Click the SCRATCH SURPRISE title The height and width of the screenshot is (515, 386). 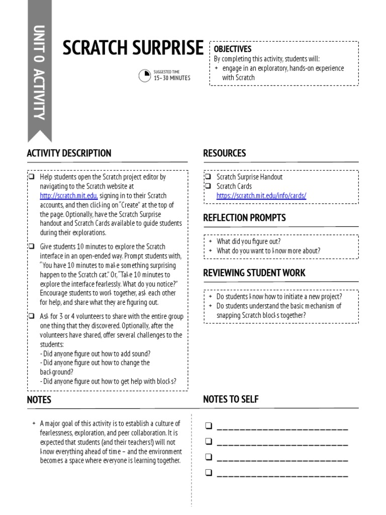pos(133,49)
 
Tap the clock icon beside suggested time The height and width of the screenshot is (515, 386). pos(145,75)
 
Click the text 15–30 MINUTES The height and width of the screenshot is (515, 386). pos(172,78)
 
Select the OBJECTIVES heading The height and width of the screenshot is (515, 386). pos(233,49)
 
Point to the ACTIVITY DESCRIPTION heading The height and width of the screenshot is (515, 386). pos(69,153)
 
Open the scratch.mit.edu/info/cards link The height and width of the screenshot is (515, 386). pos(261,196)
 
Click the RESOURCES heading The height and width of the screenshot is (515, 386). pos(224,153)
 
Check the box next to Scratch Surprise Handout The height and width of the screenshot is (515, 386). pos(208,177)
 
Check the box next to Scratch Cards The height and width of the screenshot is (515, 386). pos(208,186)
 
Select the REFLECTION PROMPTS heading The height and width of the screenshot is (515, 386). pos(244,218)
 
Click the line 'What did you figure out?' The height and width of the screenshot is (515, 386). pos(248,241)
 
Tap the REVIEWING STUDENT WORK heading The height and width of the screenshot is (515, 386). pos(254,273)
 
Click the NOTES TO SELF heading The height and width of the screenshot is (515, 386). pos(231,399)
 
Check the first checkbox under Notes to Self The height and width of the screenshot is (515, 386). pos(208,426)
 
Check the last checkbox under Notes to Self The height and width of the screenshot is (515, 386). pos(208,473)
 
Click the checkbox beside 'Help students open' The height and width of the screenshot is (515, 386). pos(32,177)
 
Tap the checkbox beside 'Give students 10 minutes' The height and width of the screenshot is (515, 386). pos(32,246)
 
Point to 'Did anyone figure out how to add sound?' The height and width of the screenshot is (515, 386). pos(95,354)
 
